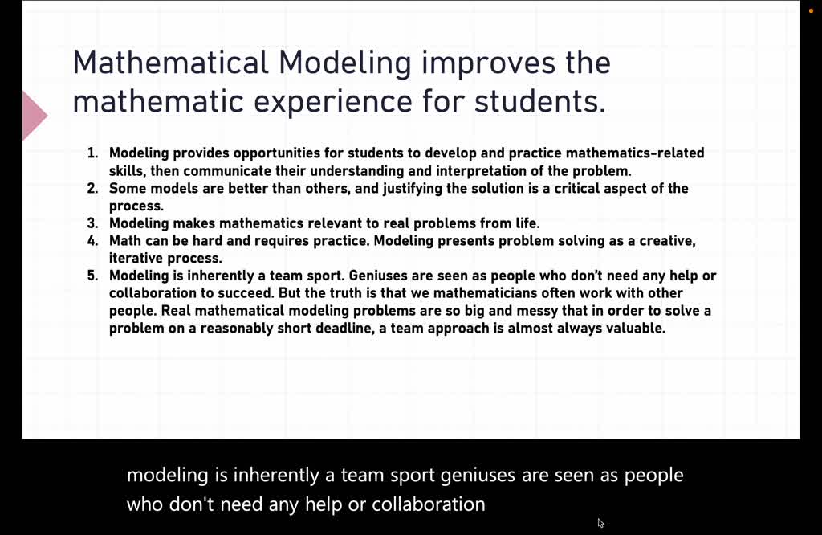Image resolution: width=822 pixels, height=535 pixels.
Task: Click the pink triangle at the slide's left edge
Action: (x=34, y=116)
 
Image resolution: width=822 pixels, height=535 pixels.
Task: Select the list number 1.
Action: (x=92, y=153)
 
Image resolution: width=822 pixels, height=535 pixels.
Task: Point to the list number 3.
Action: (x=92, y=223)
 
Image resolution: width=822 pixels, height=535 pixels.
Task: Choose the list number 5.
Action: (x=92, y=276)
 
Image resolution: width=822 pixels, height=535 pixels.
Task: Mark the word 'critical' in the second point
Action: (x=594, y=188)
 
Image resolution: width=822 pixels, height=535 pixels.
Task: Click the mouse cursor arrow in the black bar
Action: (x=600, y=523)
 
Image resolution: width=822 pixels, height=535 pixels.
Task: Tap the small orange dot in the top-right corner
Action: (x=811, y=10)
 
